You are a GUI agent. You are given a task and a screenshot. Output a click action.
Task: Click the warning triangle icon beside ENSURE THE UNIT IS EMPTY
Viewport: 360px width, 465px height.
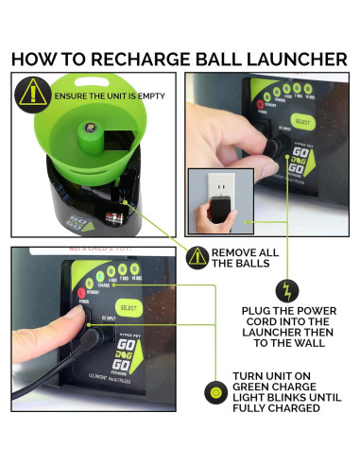(35, 94)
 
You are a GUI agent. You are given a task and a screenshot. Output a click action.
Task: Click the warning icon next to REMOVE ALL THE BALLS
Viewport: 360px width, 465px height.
(197, 257)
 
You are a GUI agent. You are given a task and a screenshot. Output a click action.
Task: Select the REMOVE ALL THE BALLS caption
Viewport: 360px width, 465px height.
(246, 259)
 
